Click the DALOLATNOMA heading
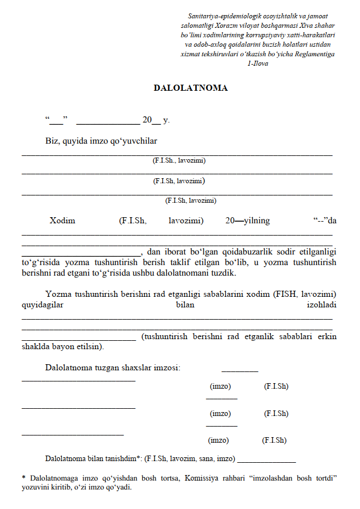pos(191,88)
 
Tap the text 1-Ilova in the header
pos(257,63)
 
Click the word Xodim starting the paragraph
pos(62,221)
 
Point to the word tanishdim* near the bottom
pos(124,459)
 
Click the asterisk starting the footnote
pos(24,477)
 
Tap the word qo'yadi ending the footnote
pos(119,486)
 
